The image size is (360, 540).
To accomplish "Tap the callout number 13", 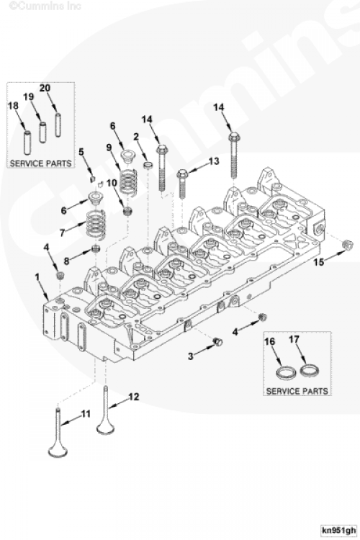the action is point(214,161).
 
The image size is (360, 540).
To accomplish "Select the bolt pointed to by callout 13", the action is point(181,184).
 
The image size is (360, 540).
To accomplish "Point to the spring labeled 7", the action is point(95,225).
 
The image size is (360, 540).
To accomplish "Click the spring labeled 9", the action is point(128,181).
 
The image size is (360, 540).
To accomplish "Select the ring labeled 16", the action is point(287,373).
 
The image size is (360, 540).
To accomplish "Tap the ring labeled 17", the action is point(309,371).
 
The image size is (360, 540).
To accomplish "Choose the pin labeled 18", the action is point(27,142).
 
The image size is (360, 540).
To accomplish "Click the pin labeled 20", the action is point(58,125).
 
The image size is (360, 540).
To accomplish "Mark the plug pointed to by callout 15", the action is point(347,245).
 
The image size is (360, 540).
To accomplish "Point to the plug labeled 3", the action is point(218,342).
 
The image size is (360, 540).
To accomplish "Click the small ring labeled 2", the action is point(148,166).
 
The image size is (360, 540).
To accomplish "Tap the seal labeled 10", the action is point(128,211).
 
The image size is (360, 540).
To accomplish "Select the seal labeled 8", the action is point(96,248).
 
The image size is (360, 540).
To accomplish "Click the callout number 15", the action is point(319,262).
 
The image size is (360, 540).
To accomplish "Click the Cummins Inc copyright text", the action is point(45,6).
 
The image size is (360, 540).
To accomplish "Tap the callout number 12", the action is point(134,397).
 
